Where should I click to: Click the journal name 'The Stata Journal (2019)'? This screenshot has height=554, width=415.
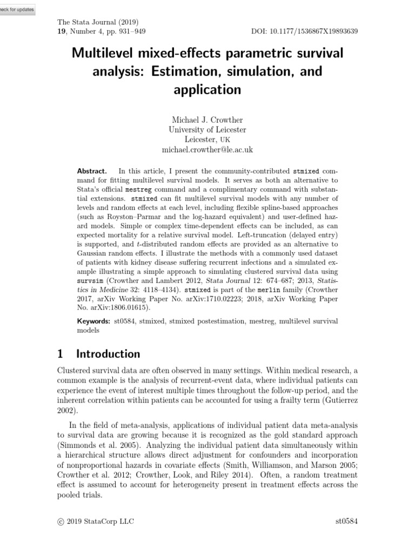point(98,22)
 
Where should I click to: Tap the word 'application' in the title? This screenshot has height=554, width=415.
point(207,89)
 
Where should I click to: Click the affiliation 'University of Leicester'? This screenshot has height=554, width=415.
point(207,129)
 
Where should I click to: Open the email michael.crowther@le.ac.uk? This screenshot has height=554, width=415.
point(207,149)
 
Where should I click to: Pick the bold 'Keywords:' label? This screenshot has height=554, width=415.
point(94,321)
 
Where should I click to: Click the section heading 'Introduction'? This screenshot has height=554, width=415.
point(108,354)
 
